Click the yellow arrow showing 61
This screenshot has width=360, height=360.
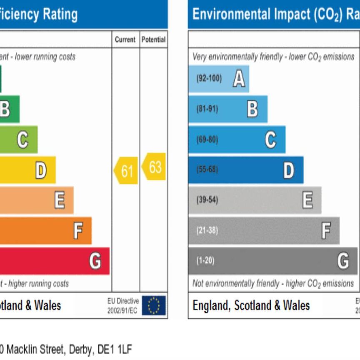(x=126, y=170)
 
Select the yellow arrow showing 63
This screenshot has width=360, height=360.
(x=154, y=167)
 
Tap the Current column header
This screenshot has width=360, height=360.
(x=125, y=40)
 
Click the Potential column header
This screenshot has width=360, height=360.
(x=153, y=40)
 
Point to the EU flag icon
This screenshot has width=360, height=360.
(x=153, y=305)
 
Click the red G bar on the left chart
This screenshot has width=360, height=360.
(x=54, y=261)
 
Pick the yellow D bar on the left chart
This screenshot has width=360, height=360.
(x=27, y=170)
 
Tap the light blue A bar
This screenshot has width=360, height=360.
(x=218, y=79)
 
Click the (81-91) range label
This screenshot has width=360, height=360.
(x=207, y=109)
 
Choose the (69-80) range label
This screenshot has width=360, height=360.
(x=207, y=140)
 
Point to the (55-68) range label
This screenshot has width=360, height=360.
(x=207, y=170)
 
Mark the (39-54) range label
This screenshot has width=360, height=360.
(x=207, y=200)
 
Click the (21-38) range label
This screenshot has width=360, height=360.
(x=207, y=230)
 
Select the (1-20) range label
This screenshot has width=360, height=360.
(x=205, y=261)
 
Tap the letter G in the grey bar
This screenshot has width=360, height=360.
(x=343, y=261)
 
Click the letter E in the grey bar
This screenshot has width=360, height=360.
(x=307, y=200)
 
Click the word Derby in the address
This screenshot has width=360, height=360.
(x=78, y=349)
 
